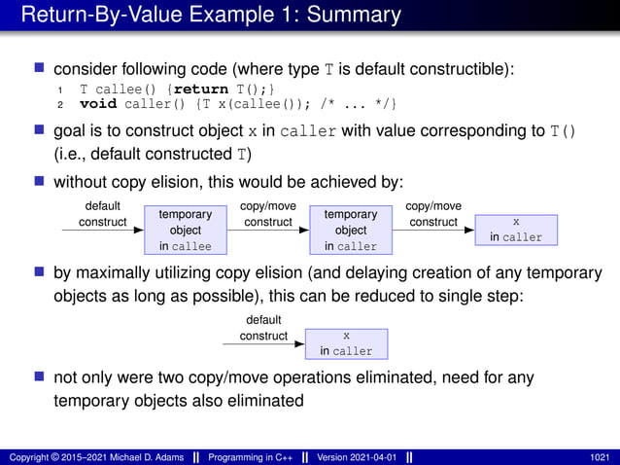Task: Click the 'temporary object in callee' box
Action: [x=185, y=231]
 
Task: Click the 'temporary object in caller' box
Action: [x=350, y=231]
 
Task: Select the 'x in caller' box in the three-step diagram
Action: [x=515, y=230]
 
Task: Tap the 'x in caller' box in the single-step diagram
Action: [x=346, y=343]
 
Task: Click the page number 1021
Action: [x=600, y=457]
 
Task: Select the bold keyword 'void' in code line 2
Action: [x=97, y=104]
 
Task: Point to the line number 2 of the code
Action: [x=59, y=104]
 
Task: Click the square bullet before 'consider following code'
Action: [x=40, y=69]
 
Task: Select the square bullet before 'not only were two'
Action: [x=40, y=376]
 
